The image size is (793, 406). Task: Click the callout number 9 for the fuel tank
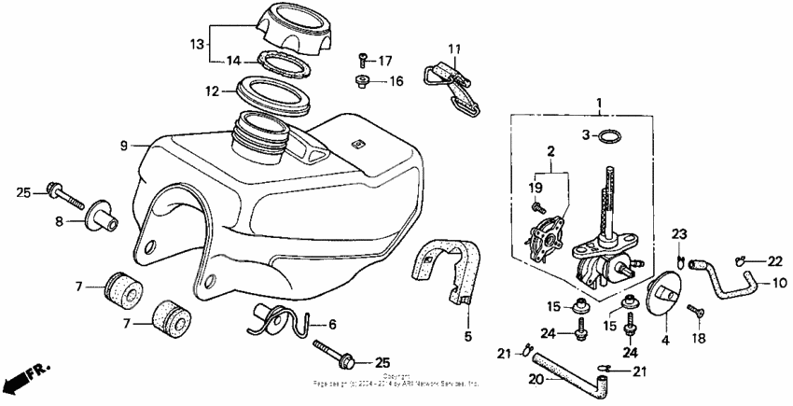122,146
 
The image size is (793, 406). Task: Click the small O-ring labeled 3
608,136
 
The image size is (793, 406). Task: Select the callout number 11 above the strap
453,49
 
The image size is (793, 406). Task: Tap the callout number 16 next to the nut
396,82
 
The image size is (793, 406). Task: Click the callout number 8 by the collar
58,221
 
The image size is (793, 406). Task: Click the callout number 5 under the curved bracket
468,335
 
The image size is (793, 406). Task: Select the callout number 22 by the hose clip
775,260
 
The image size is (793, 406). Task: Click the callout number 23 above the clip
680,234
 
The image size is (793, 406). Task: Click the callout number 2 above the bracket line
550,150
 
